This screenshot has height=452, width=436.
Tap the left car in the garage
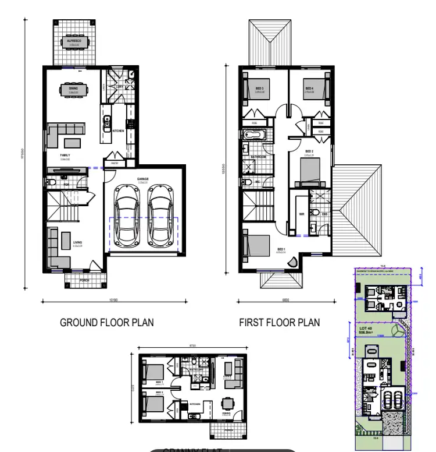(x=126, y=215)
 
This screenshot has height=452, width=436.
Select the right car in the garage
(x=159, y=215)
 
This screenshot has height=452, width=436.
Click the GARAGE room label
(x=143, y=179)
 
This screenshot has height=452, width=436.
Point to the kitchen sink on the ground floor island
(x=107, y=122)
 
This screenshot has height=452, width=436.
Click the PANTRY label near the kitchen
(x=115, y=164)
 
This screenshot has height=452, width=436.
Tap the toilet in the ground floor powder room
(x=52, y=184)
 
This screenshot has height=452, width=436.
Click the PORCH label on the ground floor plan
(x=84, y=280)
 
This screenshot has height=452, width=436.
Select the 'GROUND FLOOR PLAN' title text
(x=107, y=322)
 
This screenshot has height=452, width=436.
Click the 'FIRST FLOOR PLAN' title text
(x=279, y=322)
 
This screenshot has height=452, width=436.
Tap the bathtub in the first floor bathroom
(x=254, y=136)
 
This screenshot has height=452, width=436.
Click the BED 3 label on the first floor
(x=259, y=89)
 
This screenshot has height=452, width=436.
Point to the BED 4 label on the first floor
(x=309, y=89)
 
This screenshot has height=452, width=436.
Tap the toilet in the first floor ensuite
(x=313, y=213)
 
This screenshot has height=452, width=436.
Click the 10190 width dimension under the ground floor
(x=113, y=301)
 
